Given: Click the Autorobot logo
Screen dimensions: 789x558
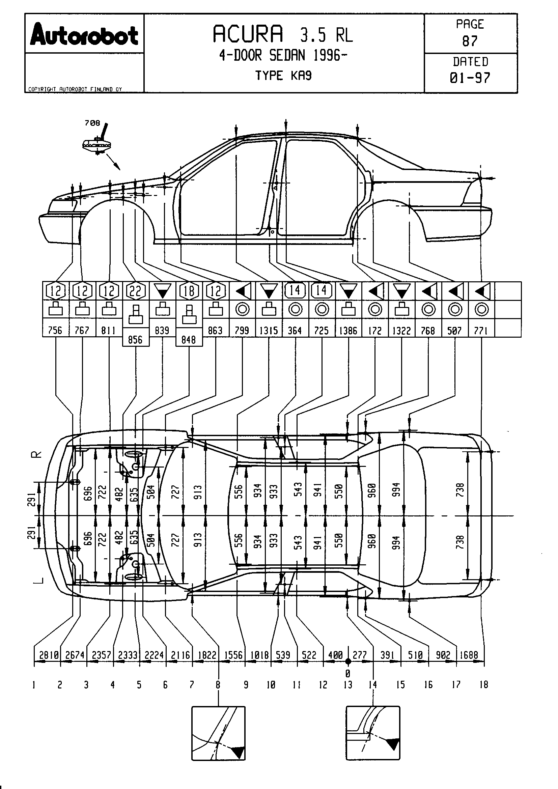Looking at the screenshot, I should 84,35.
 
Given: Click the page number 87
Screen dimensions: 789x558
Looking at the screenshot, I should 470,41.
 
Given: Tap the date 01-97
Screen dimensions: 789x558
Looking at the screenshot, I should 470,78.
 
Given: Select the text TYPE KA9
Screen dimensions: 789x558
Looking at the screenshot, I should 283,76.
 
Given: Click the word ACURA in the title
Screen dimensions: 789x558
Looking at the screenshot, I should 248,34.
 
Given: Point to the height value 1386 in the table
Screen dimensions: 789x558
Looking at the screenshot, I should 348,331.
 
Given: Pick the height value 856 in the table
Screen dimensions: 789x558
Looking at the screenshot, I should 135,340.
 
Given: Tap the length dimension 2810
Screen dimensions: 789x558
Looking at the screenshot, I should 49,655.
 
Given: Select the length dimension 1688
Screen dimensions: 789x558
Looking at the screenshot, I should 469,655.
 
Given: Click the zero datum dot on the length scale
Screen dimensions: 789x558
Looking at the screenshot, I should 348,661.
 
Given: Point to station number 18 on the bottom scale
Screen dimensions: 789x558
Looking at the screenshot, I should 483,685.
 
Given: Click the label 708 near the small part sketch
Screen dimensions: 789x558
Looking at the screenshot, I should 92,123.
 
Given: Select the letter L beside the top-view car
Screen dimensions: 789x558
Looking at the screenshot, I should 38,581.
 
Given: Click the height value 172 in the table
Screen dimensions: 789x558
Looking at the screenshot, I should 375,331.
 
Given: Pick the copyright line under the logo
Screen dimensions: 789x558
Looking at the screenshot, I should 75,89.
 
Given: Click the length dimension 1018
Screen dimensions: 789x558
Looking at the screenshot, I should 259,655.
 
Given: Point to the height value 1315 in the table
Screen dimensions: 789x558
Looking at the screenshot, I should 268,331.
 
